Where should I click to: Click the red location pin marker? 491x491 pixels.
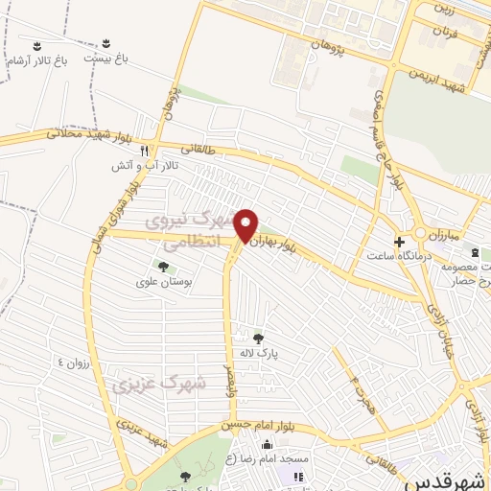click(x=246, y=225)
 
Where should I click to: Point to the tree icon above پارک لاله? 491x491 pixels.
click(x=257, y=338)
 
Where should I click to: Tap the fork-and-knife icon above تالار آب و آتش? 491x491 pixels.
click(x=144, y=152)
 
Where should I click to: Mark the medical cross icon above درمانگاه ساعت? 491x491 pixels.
click(x=399, y=241)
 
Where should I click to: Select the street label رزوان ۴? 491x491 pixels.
click(x=72, y=362)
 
